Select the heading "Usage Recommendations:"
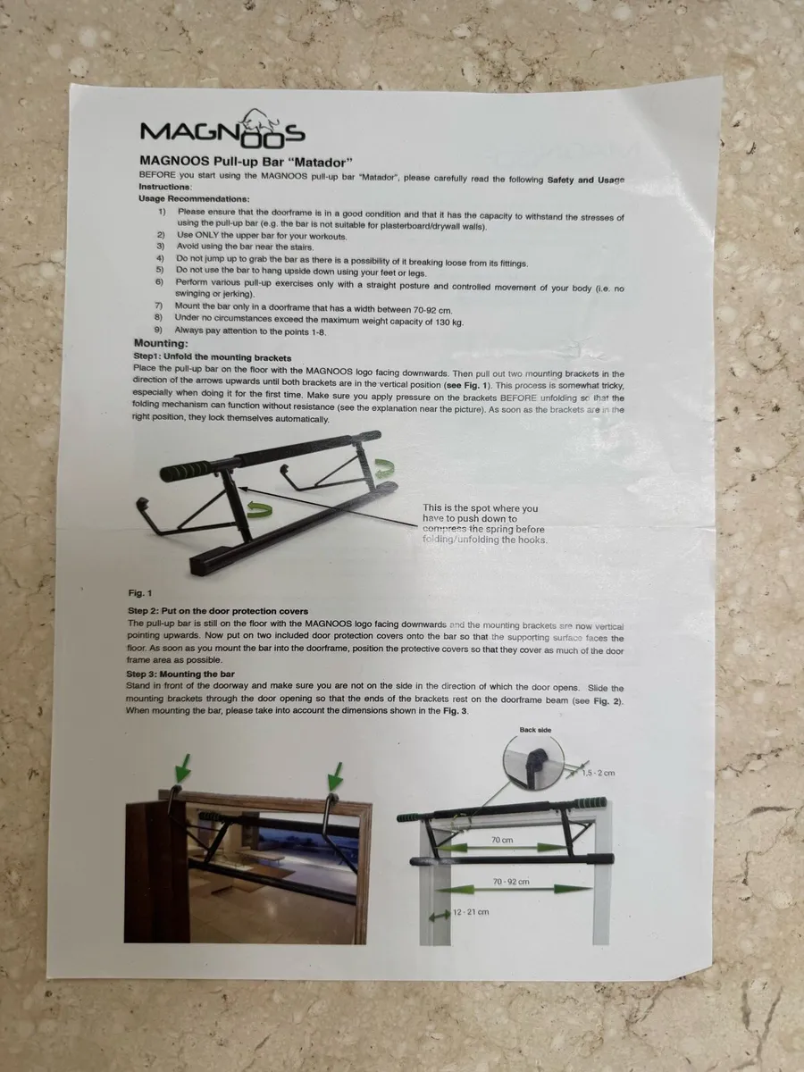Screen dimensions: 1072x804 [x=194, y=198]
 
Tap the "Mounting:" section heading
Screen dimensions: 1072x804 [x=161, y=343]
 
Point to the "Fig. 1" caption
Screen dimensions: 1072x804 [x=140, y=593]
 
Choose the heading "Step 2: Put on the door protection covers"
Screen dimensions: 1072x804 [x=217, y=611]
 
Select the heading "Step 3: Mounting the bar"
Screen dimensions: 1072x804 [x=180, y=674]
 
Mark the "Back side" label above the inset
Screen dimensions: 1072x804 [x=535, y=730]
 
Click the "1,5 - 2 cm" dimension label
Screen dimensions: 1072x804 [x=599, y=772]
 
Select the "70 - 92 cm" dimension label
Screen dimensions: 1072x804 [x=511, y=883]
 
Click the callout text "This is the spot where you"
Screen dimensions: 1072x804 [x=481, y=508]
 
